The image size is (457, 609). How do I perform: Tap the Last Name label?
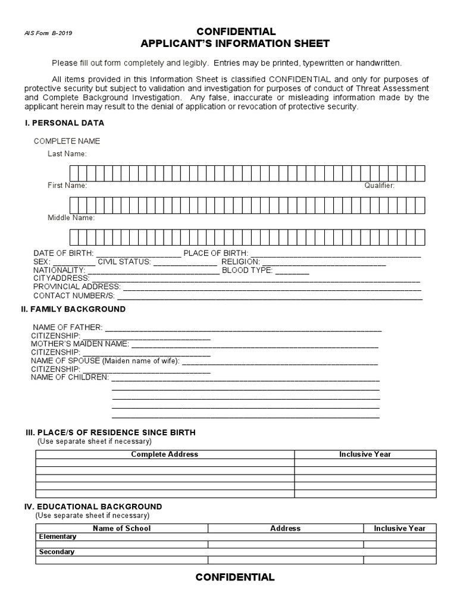click(x=67, y=153)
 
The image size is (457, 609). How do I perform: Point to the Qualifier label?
click(x=380, y=186)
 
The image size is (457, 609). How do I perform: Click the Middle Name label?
click(x=71, y=218)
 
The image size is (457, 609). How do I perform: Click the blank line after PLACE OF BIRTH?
click(x=336, y=255)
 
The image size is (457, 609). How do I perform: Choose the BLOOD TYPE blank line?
click(x=292, y=271)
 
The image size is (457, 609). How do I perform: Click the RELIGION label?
click(x=240, y=262)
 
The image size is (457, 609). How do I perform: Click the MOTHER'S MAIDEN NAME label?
click(x=80, y=344)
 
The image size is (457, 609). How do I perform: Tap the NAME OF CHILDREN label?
click(x=70, y=377)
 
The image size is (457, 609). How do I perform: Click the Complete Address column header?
click(x=164, y=454)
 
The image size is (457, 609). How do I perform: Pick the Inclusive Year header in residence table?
click(x=365, y=454)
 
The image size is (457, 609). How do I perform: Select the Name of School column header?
click(x=121, y=528)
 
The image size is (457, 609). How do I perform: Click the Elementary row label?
click(x=58, y=536)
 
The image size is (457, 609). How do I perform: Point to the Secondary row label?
click(x=57, y=552)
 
